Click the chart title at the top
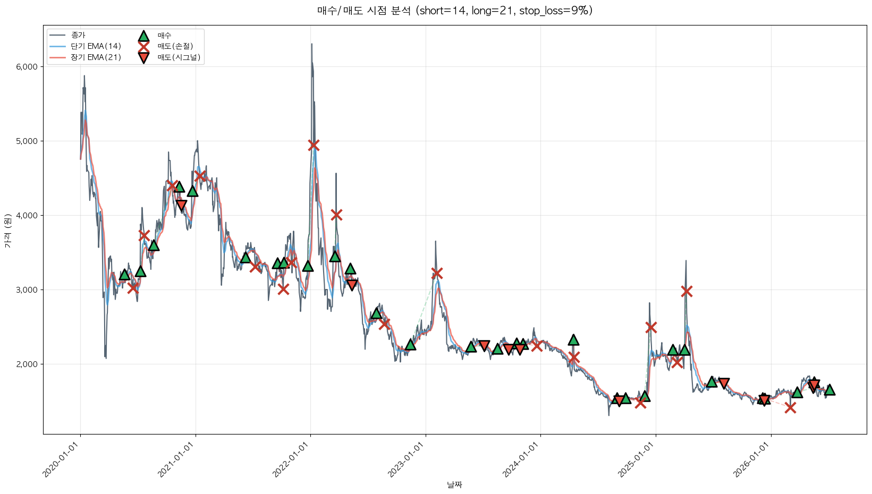point(455,11)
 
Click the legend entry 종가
point(78,36)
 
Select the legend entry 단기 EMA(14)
point(96,46)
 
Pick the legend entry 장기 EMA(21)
point(96,57)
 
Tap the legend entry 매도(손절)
point(175,46)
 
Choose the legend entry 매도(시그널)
point(179,57)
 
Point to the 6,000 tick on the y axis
point(27,67)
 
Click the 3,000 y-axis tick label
point(27,290)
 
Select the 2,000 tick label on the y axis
point(27,364)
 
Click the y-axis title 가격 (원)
point(8,231)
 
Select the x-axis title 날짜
point(455,485)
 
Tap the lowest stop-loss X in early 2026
point(790,408)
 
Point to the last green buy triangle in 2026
point(829,390)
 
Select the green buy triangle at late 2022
point(410,345)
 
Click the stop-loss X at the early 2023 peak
point(437,274)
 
